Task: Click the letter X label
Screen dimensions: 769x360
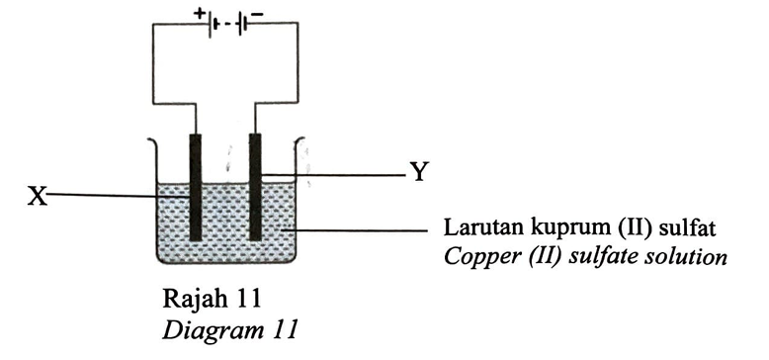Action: pyautogui.click(x=38, y=197)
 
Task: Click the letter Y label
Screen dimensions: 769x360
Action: pyautogui.click(x=418, y=172)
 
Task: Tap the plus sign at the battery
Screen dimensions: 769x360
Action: pyautogui.click(x=199, y=14)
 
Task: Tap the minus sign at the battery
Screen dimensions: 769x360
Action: pyautogui.click(x=257, y=15)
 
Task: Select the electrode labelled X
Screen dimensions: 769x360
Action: pyautogui.click(x=195, y=187)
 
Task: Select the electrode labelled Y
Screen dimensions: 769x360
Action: pyautogui.click(x=255, y=187)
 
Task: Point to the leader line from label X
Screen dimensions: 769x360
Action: pyautogui.click(x=119, y=196)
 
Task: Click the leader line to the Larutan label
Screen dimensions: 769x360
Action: pyautogui.click(x=356, y=230)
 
